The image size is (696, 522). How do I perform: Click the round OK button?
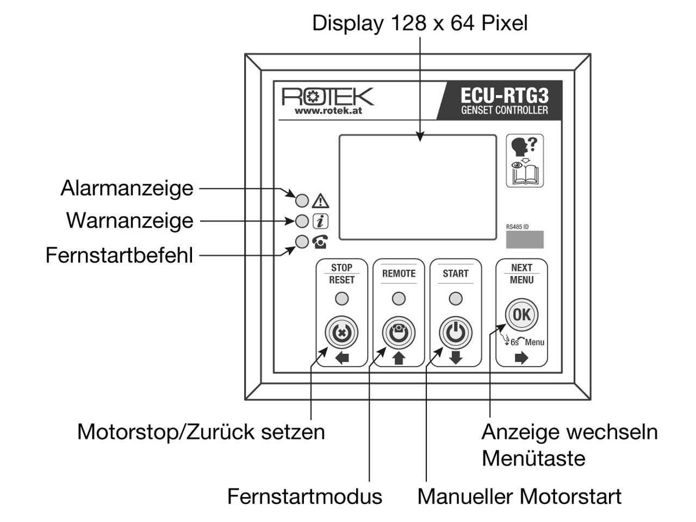pyautogui.click(x=521, y=315)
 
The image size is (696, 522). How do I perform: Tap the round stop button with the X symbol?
pyautogui.click(x=341, y=333)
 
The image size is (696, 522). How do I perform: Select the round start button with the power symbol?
pyautogui.click(x=455, y=333)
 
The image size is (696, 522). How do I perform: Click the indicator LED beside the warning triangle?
pyautogui.click(x=302, y=201)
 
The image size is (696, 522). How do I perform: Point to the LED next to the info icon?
pyautogui.click(x=302, y=221)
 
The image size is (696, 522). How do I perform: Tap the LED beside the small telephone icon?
pyautogui.click(x=302, y=242)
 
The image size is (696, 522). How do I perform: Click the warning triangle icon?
pyautogui.click(x=320, y=201)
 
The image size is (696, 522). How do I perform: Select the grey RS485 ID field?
pyautogui.click(x=525, y=239)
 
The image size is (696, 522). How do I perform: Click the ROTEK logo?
pyautogui.click(x=327, y=97)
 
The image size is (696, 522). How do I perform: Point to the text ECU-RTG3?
pyautogui.click(x=504, y=96)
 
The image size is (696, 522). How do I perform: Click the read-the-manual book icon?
pyautogui.click(x=525, y=161)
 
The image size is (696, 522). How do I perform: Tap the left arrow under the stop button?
pyautogui.click(x=342, y=358)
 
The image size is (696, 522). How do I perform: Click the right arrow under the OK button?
pyautogui.click(x=521, y=358)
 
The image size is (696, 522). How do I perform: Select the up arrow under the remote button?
pyautogui.click(x=399, y=358)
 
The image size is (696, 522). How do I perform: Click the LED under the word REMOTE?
pyautogui.click(x=399, y=299)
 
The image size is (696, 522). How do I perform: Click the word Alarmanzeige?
pyautogui.click(x=127, y=189)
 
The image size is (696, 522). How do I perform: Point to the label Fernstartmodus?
pyautogui.click(x=304, y=496)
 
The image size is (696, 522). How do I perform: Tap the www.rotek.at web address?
pyautogui.click(x=328, y=110)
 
